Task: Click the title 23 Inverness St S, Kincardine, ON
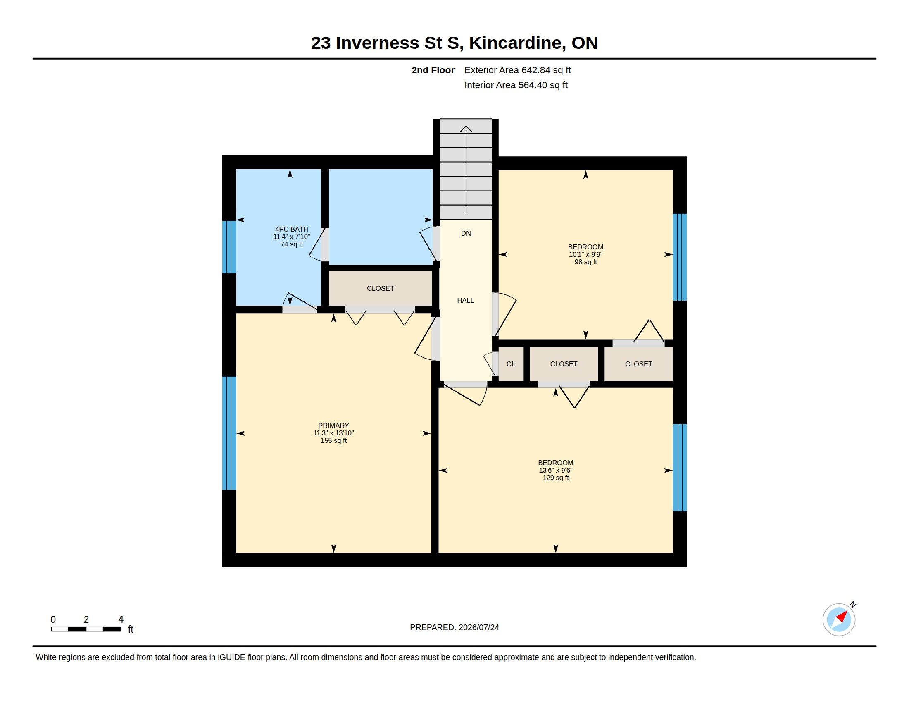(x=454, y=43)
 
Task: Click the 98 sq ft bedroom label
(x=585, y=254)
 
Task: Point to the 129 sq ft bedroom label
(x=556, y=470)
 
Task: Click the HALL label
(x=465, y=300)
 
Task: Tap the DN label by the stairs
(x=466, y=233)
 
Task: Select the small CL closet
(x=511, y=364)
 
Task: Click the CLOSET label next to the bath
(x=381, y=288)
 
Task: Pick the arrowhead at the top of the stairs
(x=466, y=129)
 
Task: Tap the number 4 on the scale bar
(x=121, y=619)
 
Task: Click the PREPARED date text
(x=454, y=627)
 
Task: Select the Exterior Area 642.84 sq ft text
(x=517, y=70)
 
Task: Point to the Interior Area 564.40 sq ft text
(x=516, y=85)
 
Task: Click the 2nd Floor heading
(x=433, y=70)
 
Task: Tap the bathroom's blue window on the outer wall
(x=229, y=247)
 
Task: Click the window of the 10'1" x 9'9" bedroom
(x=680, y=257)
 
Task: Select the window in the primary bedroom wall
(x=229, y=433)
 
